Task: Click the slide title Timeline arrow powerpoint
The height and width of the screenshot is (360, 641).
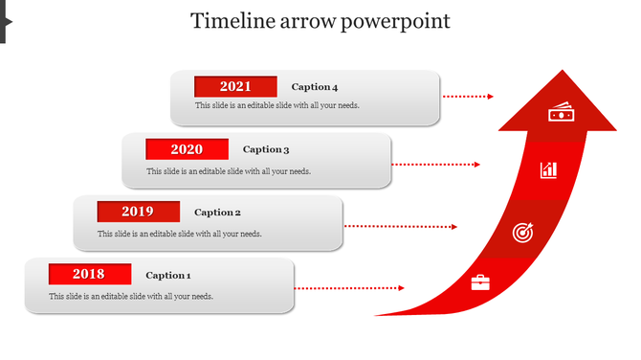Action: coord(320,20)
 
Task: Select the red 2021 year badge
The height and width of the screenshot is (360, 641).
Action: coord(235,86)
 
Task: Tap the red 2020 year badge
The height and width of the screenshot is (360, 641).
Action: coord(187,149)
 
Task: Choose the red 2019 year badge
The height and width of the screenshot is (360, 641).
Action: coord(138,212)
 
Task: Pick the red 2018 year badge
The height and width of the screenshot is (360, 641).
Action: coord(89,275)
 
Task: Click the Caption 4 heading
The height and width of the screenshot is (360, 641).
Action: coord(315,87)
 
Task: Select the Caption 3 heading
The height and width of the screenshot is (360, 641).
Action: coord(266,149)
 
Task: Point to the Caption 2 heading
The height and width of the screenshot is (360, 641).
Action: coord(217,213)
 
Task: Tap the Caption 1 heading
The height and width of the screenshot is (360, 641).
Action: coord(168,276)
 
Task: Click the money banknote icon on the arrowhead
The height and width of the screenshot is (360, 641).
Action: coord(560,113)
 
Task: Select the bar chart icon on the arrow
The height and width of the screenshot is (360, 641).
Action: coord(548,169)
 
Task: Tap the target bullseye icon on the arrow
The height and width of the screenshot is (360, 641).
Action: coord(521,232)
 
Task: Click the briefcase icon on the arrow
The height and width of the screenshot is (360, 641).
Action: coord(480,282)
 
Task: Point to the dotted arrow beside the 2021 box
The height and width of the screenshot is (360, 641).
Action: coord(468,97)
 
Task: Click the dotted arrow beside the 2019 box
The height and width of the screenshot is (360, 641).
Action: coord(400,227)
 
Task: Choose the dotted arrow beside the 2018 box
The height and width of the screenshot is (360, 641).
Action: coord(348,287)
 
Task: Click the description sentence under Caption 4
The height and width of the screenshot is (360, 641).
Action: coord(276,105)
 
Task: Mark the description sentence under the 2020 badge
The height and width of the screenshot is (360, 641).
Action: coord(229,171)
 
